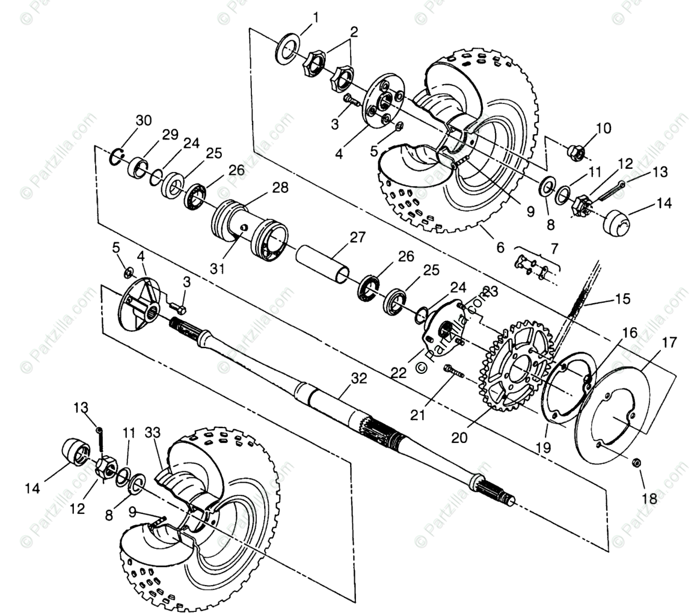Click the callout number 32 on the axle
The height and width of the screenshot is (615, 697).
pos(358,379)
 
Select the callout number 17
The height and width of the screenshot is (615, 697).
pos(669,343)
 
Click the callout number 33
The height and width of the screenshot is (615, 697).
pos(153,432)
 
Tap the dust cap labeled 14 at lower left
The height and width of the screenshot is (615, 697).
pos(76,451)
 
